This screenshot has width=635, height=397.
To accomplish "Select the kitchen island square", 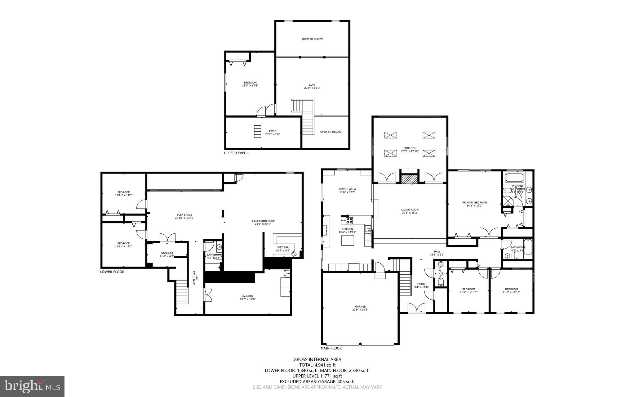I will tap(348, 241).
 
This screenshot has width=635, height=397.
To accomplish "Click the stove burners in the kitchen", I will tap(349, 221).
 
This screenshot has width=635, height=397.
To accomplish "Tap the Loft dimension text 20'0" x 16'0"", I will tap(312, 88).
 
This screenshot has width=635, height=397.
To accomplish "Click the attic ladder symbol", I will tap(257, 131).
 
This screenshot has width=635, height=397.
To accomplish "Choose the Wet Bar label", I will tap(283, 247).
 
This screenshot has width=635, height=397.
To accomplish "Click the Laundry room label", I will tap(247, 296).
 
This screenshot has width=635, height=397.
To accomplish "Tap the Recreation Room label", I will tap(263, 221).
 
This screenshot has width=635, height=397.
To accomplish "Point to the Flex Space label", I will tap(184, 215).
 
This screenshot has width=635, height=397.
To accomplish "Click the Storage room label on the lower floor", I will tap(167, 253).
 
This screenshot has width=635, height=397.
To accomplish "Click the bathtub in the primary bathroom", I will tap(514, 178).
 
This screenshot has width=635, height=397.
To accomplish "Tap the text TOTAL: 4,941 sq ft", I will tap(317, 365).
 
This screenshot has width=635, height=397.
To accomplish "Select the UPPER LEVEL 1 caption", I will tap(236, 153).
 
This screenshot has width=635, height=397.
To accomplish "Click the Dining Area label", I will tap(347, 189).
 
